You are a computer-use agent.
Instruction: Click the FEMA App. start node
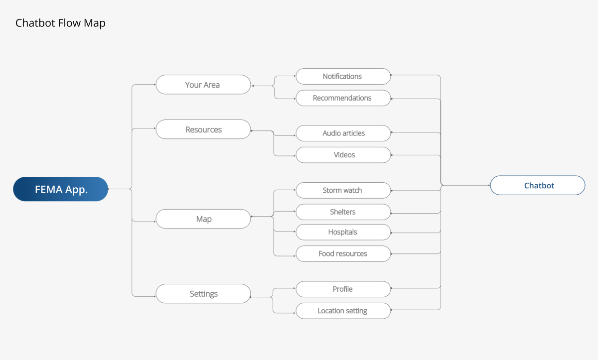coord(61,189)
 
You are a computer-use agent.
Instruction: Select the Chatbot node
coord(538,185)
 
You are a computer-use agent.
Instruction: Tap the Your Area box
coord(203,85)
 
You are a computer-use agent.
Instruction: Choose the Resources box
coord(203,129)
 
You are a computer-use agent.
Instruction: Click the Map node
coord(203,219)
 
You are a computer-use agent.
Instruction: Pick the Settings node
coord(203,294)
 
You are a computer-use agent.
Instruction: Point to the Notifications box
coord(343,77)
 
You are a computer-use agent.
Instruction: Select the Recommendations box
coord(343,98)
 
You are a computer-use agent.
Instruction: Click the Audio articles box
coord(343,133)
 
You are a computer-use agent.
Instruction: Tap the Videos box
coord(343,155)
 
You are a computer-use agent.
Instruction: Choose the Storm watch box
coord(343,190)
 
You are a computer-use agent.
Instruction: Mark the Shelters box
coord(343,212)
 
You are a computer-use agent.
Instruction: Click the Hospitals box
coord(343,232)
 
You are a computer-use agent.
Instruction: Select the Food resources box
coord(343,254)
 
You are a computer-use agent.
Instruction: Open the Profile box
coord(343,289)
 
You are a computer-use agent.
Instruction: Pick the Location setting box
coord(343,311)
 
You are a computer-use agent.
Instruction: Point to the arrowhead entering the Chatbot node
coord(489,185)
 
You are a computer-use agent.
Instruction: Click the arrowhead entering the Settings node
coord(155,296)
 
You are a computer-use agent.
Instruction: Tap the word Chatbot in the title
coord(35,23)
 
